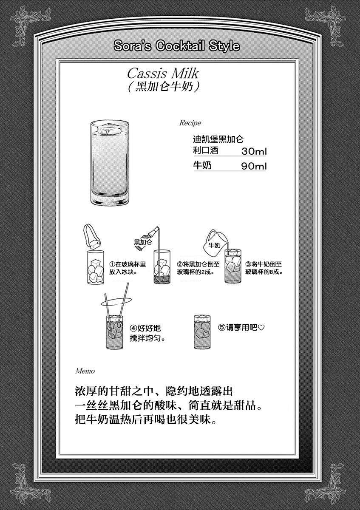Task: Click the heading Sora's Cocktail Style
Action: (x=176, y=46)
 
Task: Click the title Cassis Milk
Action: (x=163, y=74)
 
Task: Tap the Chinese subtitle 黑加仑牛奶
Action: (x=164, y=87)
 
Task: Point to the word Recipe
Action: (x=190, y=123)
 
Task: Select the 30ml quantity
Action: (x=254, y=151)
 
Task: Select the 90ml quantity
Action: (x=254, y=166)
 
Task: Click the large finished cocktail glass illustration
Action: (x=110, y=162)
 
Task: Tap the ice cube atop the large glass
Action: (x=109, y=129)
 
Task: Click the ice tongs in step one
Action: (x=92, y=237)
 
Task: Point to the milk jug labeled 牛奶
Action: (x=215, y=242)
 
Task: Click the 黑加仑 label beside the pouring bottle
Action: (x=143, y=242)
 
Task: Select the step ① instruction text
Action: (x=128, y=268)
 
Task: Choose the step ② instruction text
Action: (x=198, y=268)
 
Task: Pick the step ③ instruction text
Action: (x=264, y=268)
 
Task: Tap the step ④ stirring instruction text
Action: (x=147, y=333)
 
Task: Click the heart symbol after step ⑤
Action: (x=261, y=328)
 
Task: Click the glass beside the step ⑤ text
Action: (x=202, y=332)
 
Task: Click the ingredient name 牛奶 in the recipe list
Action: (x=202, y=165)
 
